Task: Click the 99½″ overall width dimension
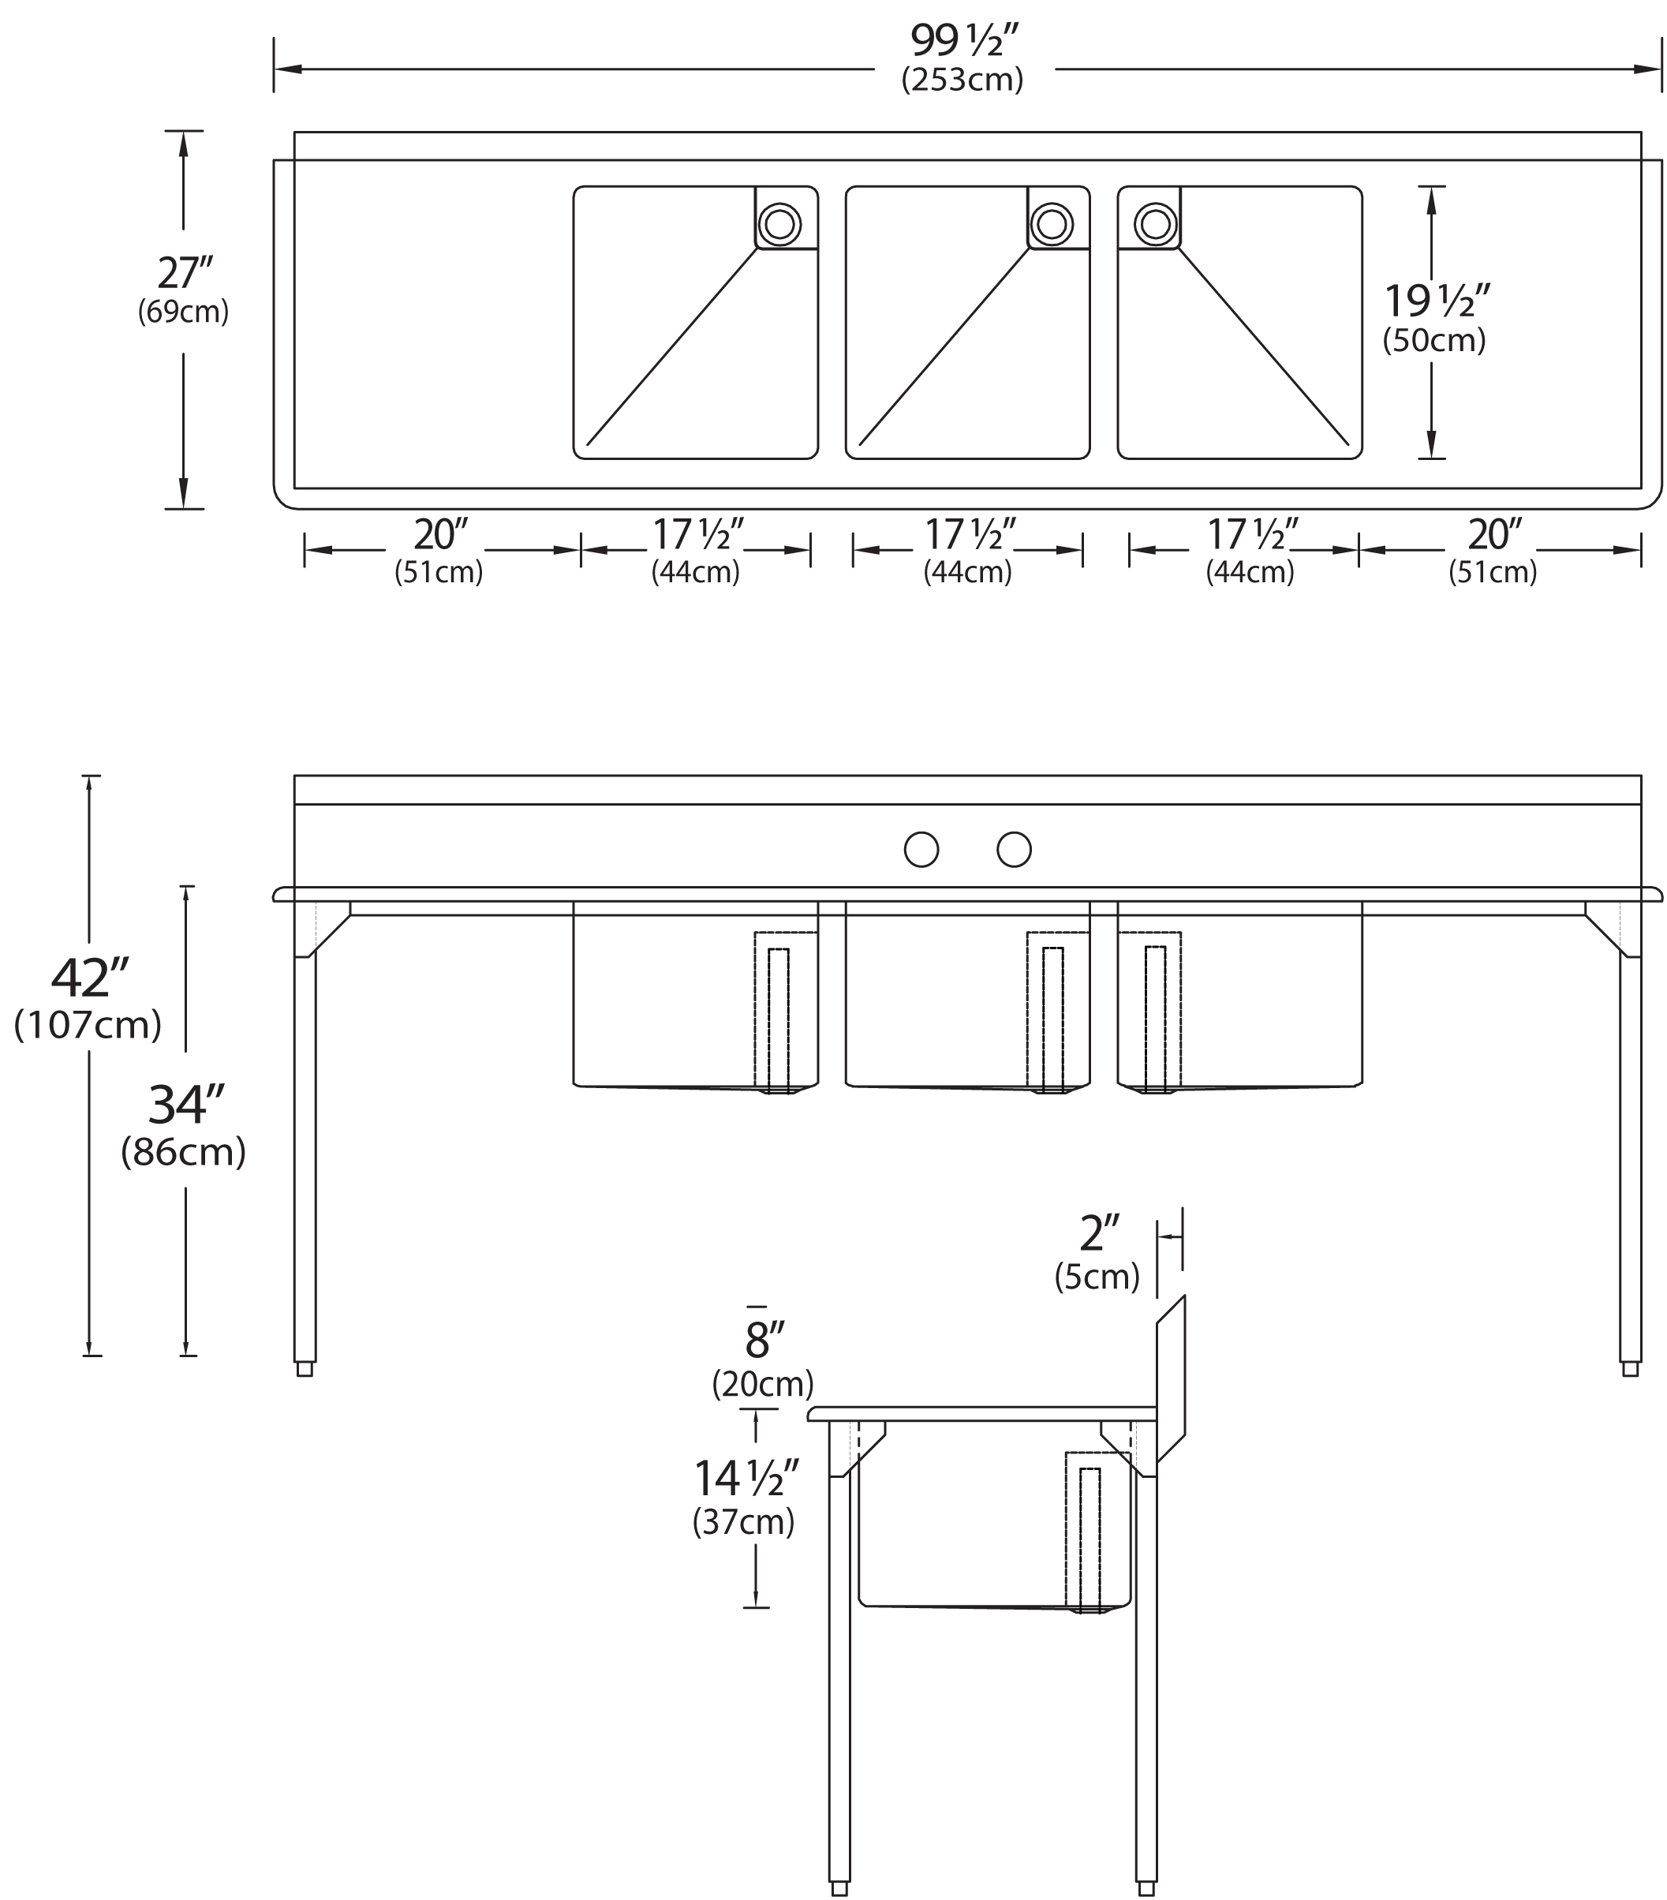(963, 41)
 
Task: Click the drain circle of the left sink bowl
(779, 223)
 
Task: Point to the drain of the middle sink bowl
(1051, 223)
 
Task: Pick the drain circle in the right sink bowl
(1155, 223)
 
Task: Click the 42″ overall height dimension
(88, 977)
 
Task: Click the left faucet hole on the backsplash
(921, 850)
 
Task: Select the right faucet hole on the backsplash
(1014, 850)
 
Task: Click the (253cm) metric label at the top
(962, 80)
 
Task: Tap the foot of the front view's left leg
(305, 1369)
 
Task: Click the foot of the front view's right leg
(1630, 1369)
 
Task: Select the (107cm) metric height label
(88, 1024)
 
